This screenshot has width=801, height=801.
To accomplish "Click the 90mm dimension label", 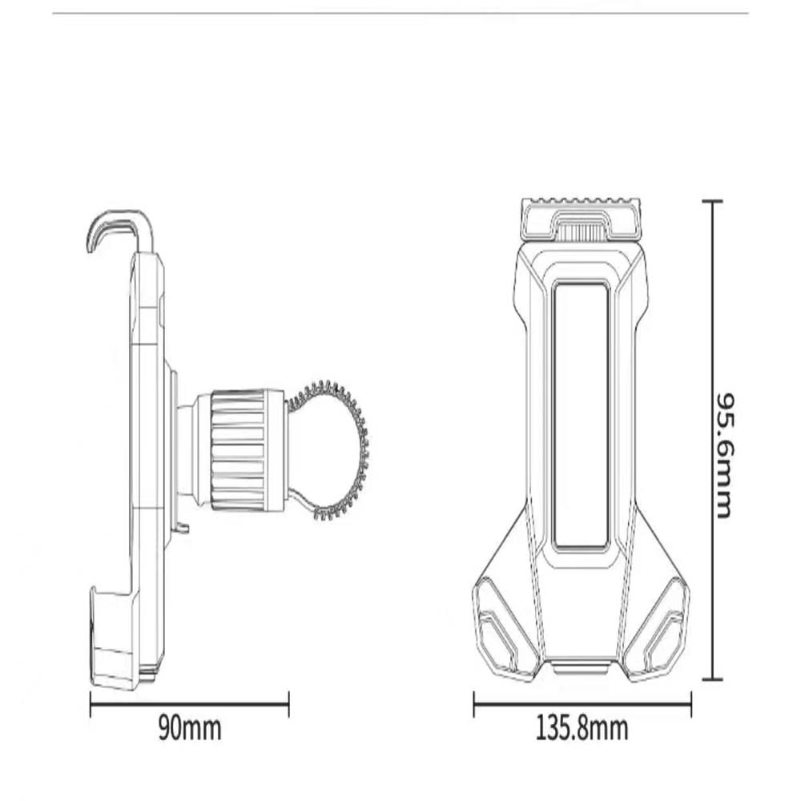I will pos(189,729).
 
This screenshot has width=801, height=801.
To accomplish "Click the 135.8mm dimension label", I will pos(582,729).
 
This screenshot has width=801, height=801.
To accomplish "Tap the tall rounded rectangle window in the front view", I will pos(581,414).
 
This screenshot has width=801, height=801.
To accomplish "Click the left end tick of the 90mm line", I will pos(91,704).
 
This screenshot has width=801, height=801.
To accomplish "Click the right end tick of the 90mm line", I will pos(288,704).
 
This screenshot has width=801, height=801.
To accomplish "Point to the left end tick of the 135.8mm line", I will pos(474,704).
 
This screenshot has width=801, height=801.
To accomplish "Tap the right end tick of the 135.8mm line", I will pos(690,704).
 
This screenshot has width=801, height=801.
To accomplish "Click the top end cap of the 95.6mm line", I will pos(712,202).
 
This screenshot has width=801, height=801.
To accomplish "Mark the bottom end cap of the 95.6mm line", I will pos(712,678).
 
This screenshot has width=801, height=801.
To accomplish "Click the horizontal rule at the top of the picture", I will pos(400,13).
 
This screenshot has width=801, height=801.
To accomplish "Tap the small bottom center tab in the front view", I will pos(581,667).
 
